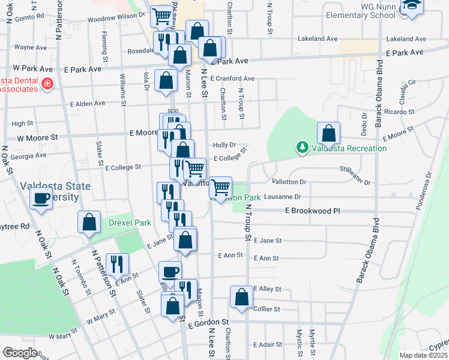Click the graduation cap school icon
pyautogui.click(x=412, y=6)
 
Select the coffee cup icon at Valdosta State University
pyautogui.click(x=41, y=198)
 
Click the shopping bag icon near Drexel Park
pyautogui.click(x=89, y=222)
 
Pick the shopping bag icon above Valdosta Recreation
pyautogui.click(x=328, y=133)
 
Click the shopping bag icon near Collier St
pyautogui.click(x=241, y=297)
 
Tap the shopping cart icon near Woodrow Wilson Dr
pyautogui.click(x=161, y=16)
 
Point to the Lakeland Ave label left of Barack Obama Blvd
pyautogui.click(x=318, y=38)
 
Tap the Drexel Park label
pyautogui.click(x=128, y=223)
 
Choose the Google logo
pyautogui.click(x=20, y=353)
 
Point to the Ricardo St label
pyautogui.click(x=400, y=112)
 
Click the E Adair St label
pyautogui.click(x=267, y=344)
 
